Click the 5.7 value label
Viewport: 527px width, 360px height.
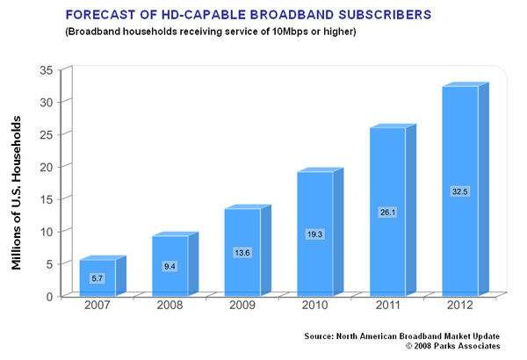tap(97, 278)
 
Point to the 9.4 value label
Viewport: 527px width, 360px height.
tap(170, 266)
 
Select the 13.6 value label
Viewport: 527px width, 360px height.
tap(242, 253)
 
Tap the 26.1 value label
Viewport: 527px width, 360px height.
tap(387, 212)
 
